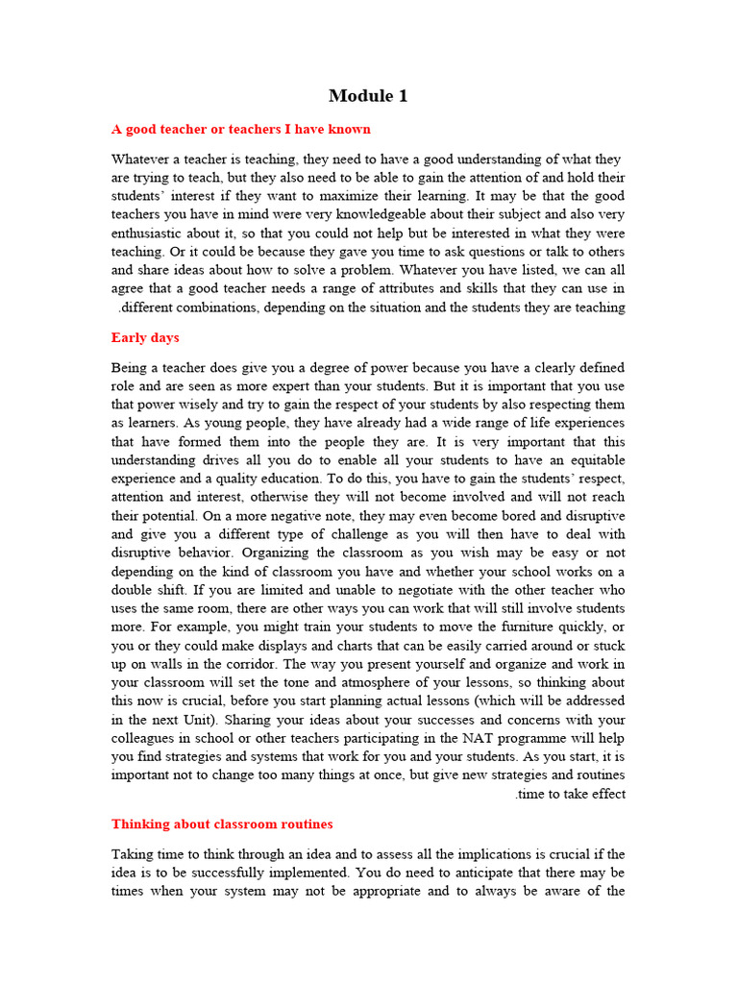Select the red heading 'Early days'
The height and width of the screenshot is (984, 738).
pyautogui.click(x=145, y=337)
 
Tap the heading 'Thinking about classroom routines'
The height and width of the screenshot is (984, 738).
pyautogui.click(x=222, y=824)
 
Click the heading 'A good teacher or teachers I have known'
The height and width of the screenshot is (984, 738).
pyautogui.click(x=241, y=129)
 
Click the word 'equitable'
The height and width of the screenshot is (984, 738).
pyautogui.click(x=592, y=460)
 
